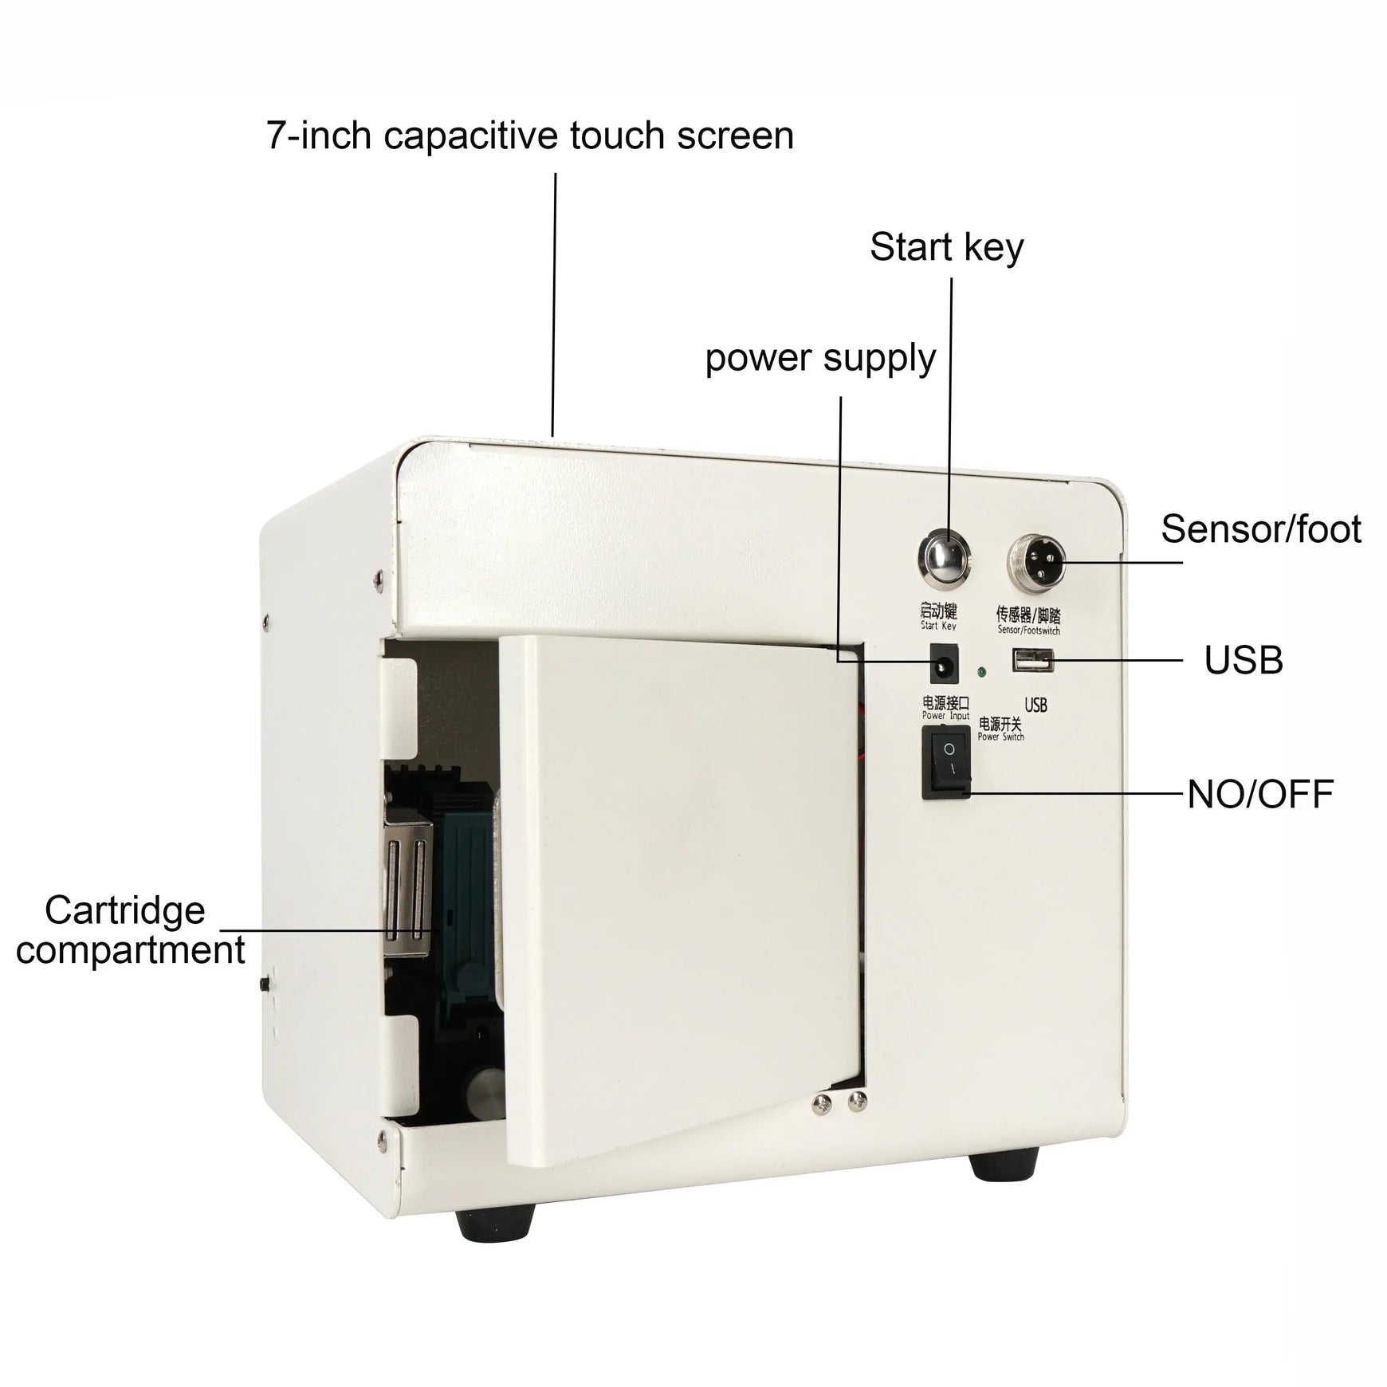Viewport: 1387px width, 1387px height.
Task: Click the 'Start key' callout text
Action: (946, 247)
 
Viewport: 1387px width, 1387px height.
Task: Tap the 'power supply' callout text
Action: (820, 358)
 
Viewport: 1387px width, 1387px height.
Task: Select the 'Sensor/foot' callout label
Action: (1260, 528)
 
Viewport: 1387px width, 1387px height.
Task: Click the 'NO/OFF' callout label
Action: (1260, 794)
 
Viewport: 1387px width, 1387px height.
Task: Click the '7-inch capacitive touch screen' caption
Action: (530, 136)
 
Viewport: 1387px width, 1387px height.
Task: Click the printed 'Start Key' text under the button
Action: (938, 627)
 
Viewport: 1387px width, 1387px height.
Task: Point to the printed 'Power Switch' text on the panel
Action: (1000, 737)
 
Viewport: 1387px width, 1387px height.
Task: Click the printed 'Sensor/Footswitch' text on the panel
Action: (1028, 631)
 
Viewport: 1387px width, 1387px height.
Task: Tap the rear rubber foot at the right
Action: (1005, 1165)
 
